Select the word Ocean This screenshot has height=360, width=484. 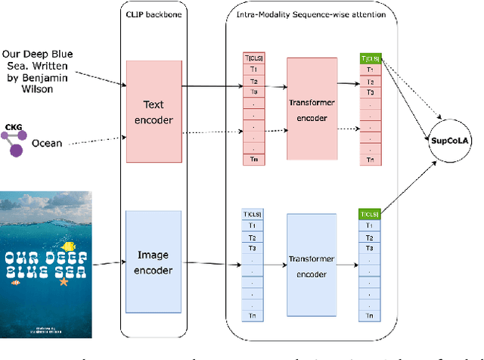coord(46,141)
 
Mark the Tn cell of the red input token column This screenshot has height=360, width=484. coord(253,159)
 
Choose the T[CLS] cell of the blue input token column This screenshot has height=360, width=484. coord(253,214)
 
